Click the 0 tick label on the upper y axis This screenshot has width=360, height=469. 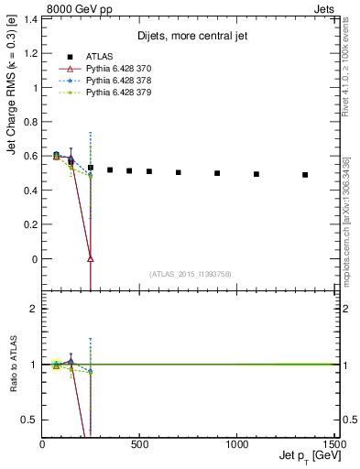pyautogui.click(x=34, y=259)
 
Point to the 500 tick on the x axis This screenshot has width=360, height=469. pyautogui.click(x=140, y=443)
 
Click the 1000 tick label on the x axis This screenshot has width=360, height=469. pyautogui.click(x=237, y=443)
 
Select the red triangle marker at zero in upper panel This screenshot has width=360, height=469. pyautogui.click(x=91, y=258)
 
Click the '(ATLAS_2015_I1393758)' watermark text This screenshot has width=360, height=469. pyautogui.click(x=189, y=273)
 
